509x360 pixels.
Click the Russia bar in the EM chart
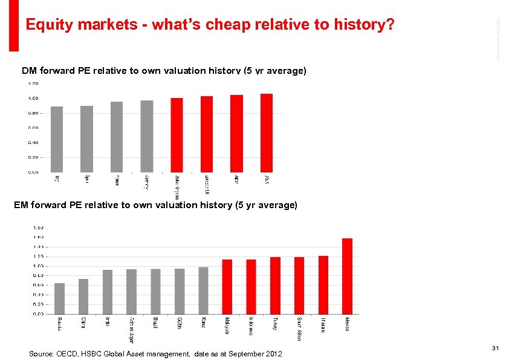tap(59, 298)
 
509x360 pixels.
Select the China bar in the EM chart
tap(83, 296)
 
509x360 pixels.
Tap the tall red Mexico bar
tap(347, 276)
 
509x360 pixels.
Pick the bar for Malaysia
tap(227, 287)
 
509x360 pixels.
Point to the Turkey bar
tap(275, 286)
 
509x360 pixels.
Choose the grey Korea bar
tap(203, 290)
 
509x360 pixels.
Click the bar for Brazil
tap(155, 292)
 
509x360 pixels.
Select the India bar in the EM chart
tap(108, 292)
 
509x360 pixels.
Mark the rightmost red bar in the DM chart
tap(267, 133)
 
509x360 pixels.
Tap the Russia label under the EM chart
tap(59, 322)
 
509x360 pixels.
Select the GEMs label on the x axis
tap(180, 322)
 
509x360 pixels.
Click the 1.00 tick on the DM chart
tap(32, 98)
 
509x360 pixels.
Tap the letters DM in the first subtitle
tap(28, 71)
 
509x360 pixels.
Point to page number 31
tap(495, 347)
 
